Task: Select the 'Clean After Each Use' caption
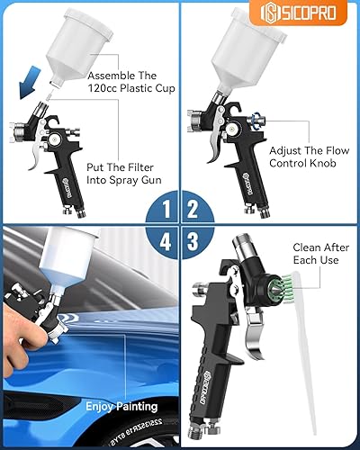317,251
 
